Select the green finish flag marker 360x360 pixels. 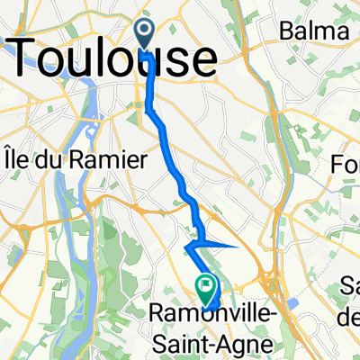[x=206, y=289]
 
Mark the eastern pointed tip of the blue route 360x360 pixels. [x=236, y=244]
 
